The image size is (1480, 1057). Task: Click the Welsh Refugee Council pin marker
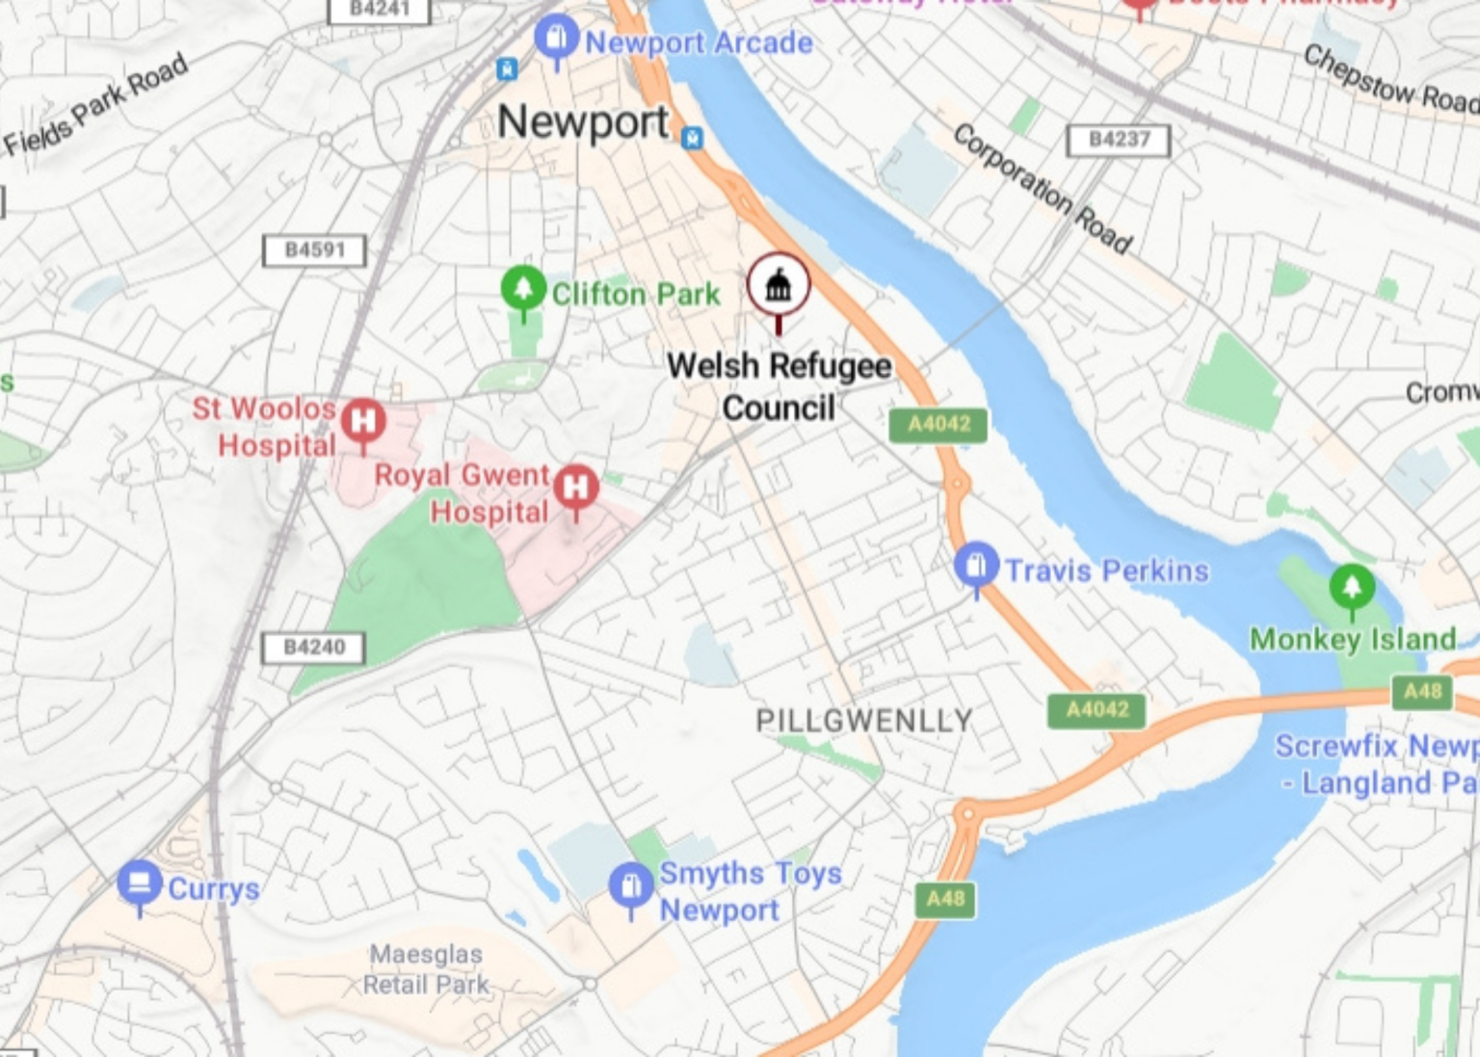point(779,285)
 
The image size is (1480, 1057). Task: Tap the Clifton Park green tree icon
point(523,287)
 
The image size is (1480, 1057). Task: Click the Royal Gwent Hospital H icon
point(576,487)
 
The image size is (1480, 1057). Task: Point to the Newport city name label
point(582,123)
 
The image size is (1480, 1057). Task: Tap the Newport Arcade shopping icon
point(556,38)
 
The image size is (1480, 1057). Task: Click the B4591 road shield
point(315,251)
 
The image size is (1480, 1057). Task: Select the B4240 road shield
point(314,647)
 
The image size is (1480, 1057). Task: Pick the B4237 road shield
point(1119,140)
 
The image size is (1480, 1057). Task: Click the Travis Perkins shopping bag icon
point(976,565)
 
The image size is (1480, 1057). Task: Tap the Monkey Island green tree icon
point(1351,586)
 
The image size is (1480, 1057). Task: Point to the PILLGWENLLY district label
point(863,721)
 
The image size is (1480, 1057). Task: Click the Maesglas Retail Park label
point(426,969)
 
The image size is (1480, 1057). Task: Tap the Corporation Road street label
point(1043,188)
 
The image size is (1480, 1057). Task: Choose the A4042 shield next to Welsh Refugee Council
point(938,425)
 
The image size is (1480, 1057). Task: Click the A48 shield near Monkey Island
point(1422,691)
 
